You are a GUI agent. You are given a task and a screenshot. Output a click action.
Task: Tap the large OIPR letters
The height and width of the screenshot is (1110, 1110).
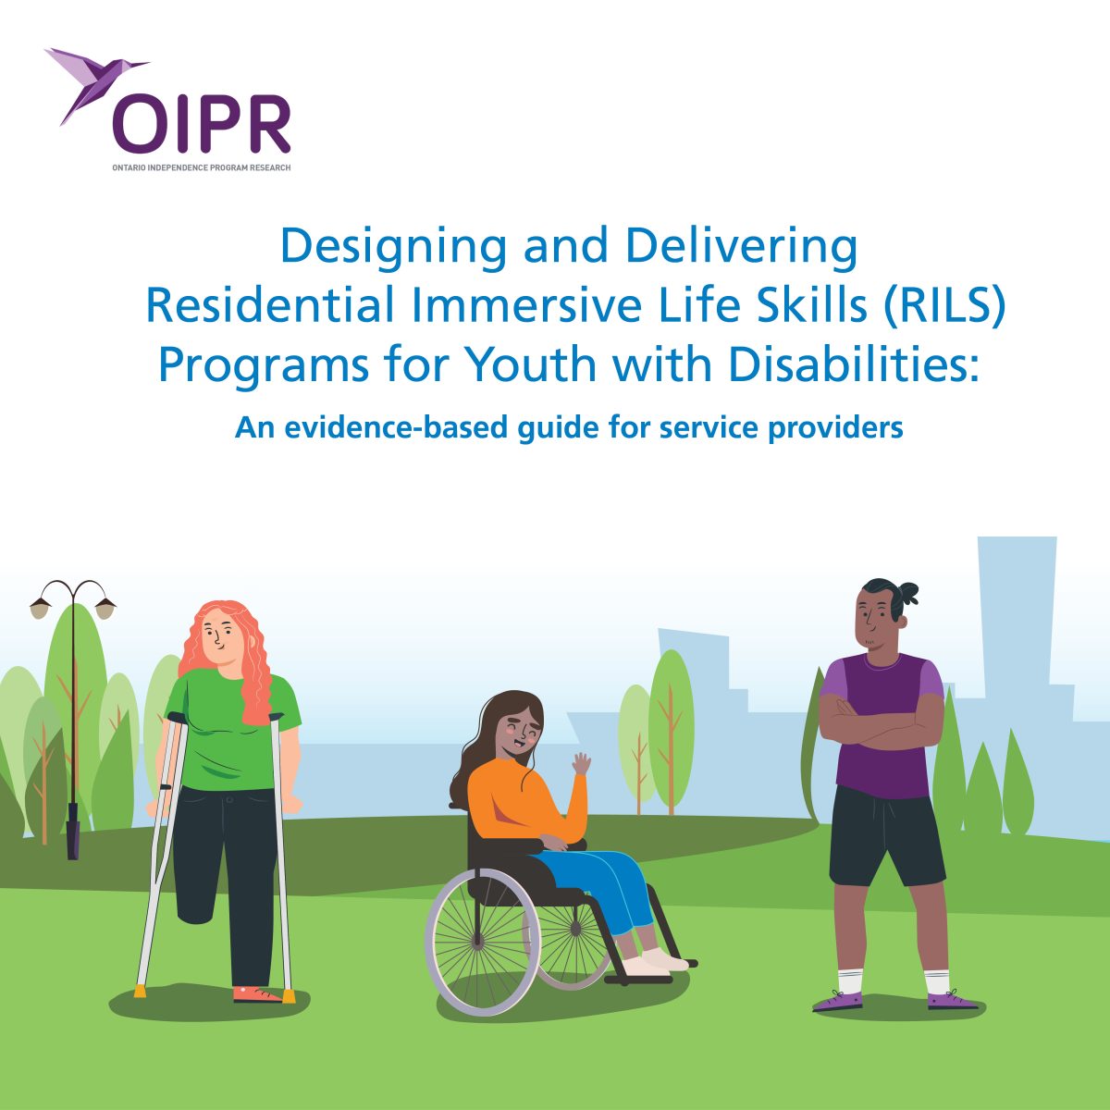202,125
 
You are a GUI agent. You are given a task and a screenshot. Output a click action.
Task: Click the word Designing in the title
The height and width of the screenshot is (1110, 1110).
393,247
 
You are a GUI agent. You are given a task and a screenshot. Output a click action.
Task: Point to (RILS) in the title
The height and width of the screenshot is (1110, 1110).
944,306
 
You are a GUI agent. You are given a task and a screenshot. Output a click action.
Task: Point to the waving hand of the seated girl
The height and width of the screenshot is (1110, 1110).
581,765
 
